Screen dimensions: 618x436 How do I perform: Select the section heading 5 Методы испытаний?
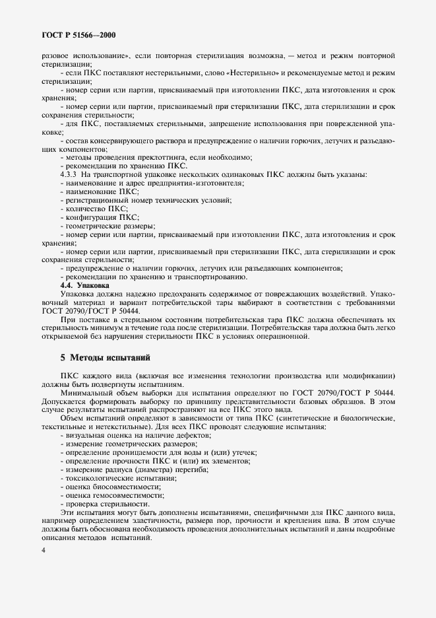(106, 357)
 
